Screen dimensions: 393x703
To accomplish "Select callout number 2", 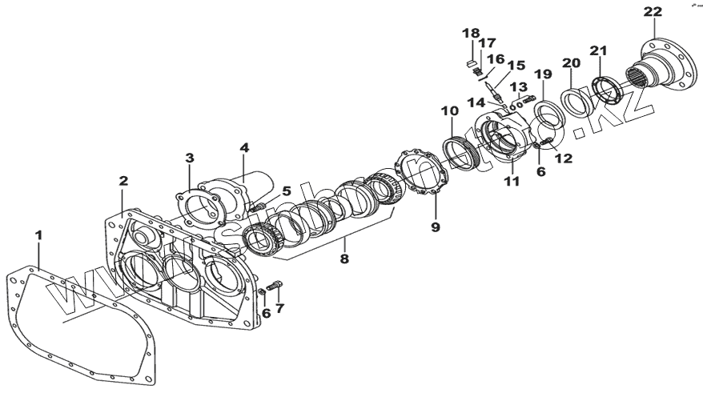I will [x=123, y=182].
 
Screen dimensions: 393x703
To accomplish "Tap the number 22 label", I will [x=653, y=11].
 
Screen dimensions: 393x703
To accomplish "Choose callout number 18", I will [x=471, y=33].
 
